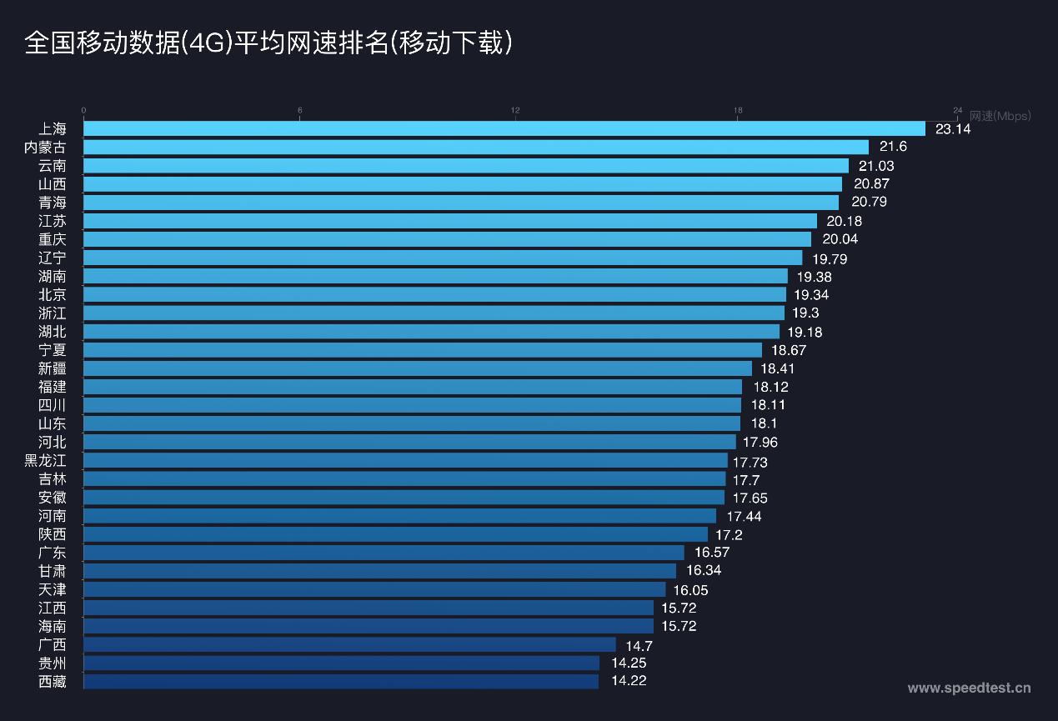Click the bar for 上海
click(504, 128)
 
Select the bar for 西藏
click(341, 681)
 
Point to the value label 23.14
click(953, 129)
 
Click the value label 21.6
click(893, 148)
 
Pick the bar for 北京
click(434, 294)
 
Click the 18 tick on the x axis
click(738, 110)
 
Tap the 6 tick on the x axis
click(300, 110)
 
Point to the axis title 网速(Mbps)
click(1000, 116)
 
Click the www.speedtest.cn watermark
click(969, 688)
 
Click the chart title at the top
click(268, 43)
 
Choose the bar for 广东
click(384, 553)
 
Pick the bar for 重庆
click(447, 239)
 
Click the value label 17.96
click(759, 443)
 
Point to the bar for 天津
click(374, 589)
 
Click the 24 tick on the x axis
click(957, 110)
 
